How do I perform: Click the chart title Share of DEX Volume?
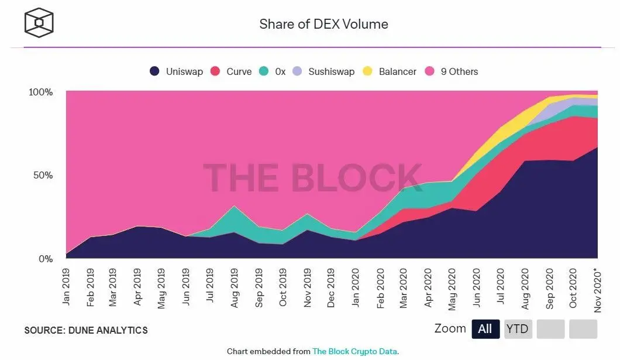323,24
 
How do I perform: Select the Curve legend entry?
231,71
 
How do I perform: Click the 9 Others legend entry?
452,71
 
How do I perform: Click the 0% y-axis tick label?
46,259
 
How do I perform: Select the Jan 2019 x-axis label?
66,286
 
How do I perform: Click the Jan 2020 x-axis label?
355,286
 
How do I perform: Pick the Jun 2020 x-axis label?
476,286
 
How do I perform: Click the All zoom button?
485,329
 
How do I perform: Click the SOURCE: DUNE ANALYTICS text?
86,330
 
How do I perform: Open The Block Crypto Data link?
354,351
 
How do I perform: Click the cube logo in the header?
39,22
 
